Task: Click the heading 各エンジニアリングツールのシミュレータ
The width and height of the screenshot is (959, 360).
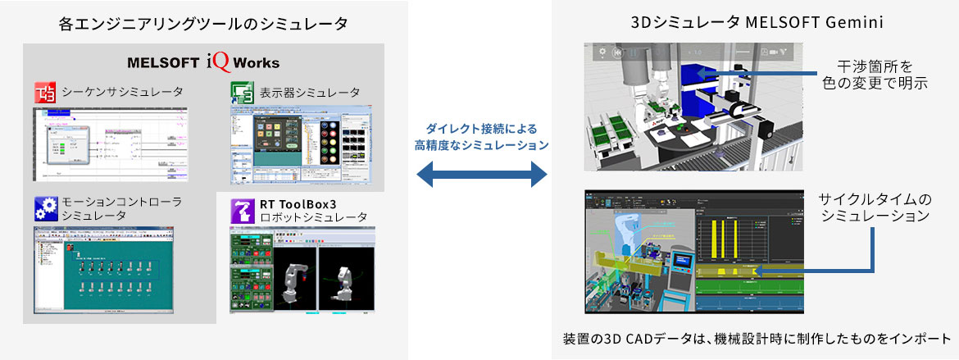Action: [x=203, y=23]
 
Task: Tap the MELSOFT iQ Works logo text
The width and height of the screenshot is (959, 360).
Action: [x=203, y=62]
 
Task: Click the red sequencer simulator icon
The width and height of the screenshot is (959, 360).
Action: [x=44, y=91]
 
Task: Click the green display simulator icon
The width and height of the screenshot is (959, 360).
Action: [x=241, y=91]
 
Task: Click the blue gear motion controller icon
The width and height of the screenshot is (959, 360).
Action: [x=44, y=207]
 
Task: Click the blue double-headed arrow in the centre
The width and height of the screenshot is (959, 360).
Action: [x=481, y=174]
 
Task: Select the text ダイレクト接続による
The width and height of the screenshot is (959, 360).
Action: [x=481, y=129]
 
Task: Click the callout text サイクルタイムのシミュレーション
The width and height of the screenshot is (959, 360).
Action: [x=875, y=208]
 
